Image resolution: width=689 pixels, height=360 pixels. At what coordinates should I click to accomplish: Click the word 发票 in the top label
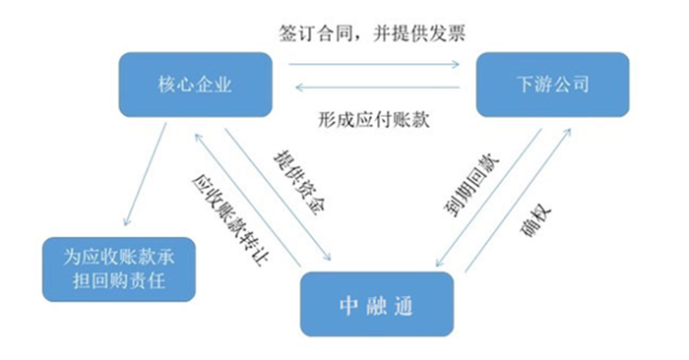click(461, 32)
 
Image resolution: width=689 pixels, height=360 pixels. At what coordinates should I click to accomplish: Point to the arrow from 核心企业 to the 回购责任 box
click(138, 177)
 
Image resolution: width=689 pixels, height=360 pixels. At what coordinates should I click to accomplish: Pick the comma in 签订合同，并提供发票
click(362, 34)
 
